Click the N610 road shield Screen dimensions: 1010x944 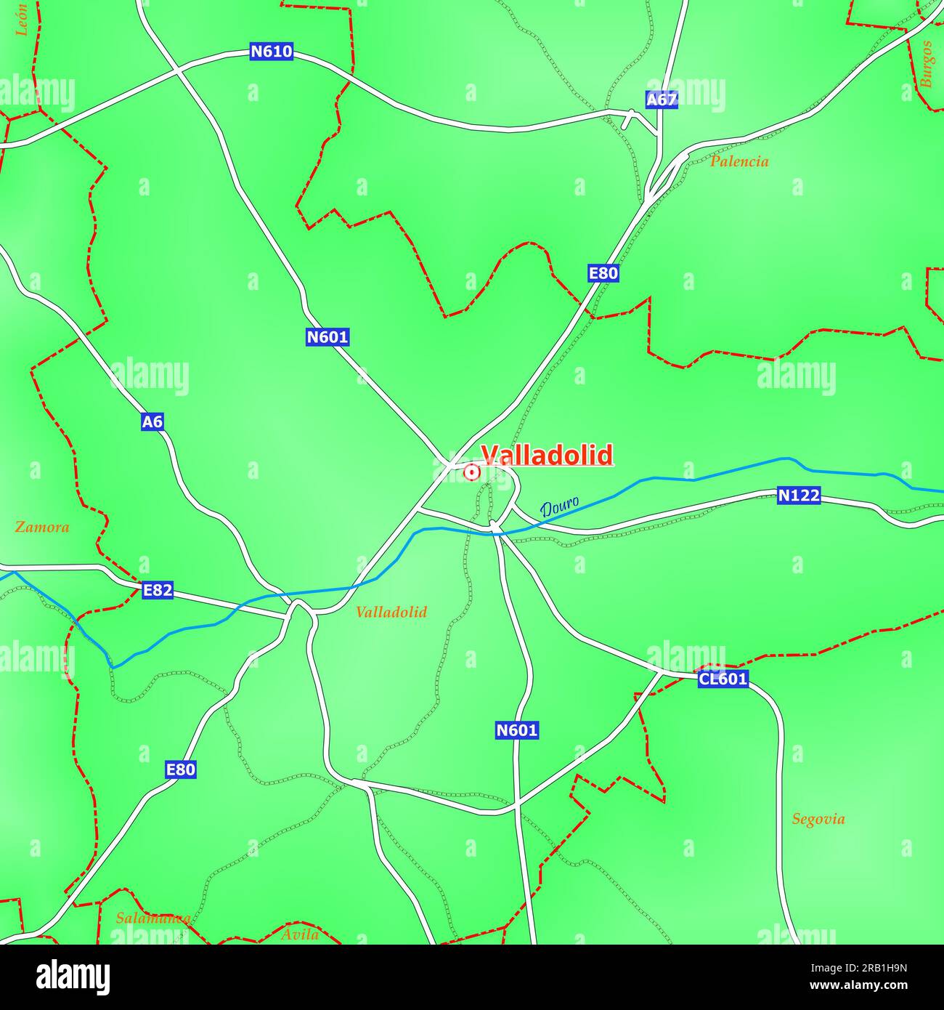272,52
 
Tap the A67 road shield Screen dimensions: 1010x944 662,100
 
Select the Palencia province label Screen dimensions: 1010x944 738,161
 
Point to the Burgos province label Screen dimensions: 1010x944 926,64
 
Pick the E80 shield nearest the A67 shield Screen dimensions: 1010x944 603,273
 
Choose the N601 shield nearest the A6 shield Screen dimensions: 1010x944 327,337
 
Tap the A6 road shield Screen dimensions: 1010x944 152,421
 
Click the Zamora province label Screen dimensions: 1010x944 42,527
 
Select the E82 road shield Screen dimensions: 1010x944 158,590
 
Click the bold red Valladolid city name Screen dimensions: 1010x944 547,455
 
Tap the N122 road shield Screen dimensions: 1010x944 799,496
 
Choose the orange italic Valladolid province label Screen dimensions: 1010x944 391,612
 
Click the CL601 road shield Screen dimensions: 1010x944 723,679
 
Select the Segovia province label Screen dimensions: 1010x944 818,819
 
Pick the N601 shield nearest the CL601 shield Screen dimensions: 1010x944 517,730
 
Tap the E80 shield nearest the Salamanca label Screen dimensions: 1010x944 181,769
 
